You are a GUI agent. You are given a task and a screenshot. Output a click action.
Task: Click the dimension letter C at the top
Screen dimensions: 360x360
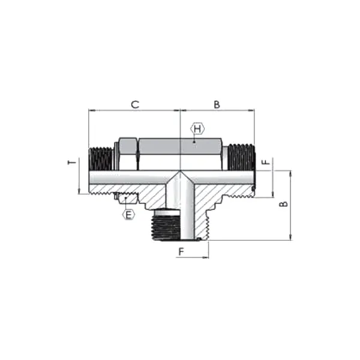tap(136, 104)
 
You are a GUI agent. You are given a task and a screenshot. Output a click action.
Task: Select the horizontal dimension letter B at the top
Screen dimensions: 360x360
tap(217, 104)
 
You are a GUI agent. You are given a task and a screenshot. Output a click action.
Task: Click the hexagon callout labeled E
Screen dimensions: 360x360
tap(129, 213)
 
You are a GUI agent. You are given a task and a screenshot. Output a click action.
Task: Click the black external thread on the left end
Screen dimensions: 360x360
tap(100, 158)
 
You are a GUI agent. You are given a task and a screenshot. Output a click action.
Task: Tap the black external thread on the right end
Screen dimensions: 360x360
tap(242, 157)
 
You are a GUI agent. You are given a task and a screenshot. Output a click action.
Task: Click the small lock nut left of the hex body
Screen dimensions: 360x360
tap(127, 154)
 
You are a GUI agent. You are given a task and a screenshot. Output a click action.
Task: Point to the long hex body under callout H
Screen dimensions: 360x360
tap(180, 154)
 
